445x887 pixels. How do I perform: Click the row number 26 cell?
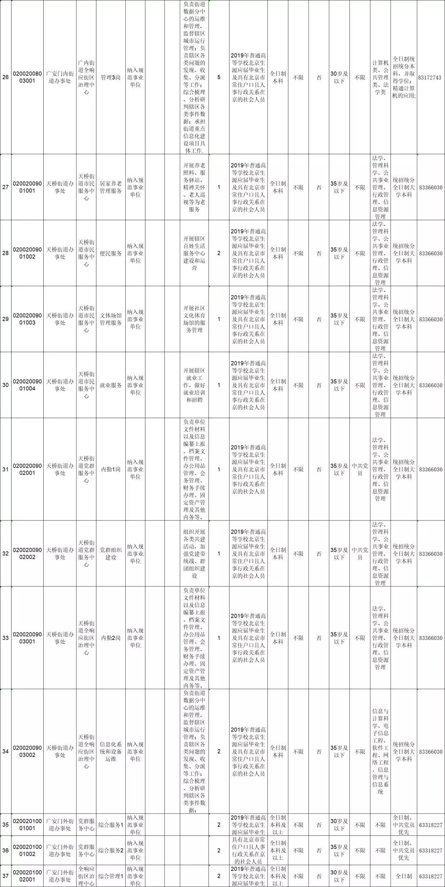click(5, 77)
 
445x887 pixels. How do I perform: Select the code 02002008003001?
click(27, 77)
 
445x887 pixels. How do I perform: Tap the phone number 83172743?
click(430, 78)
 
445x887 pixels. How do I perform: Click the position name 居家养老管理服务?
click(111, 187)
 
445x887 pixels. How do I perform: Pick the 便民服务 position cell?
click(111, 253)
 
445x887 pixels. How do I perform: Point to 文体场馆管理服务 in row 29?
click(111, 319)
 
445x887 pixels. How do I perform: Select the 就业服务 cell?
click(111, 385)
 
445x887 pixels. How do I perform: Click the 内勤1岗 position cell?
click(111, 469)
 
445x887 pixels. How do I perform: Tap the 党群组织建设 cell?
click(111, 553)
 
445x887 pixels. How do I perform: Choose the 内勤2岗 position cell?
click(111, 638)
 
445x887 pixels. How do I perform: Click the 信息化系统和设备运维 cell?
click(111, 751)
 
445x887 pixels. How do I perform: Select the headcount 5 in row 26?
click(219, 77)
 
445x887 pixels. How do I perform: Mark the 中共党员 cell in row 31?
click(360, 469)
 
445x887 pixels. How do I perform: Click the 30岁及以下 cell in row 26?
click(339, 77)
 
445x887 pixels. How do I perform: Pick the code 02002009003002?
click(27, 751)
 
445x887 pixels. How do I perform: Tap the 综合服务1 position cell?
click(111, 825)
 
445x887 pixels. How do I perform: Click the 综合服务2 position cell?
click(111, 850)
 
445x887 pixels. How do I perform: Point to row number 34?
click(5, 751)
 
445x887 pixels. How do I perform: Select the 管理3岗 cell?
click(111, 77)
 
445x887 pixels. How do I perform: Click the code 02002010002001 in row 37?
click(27, 876)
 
